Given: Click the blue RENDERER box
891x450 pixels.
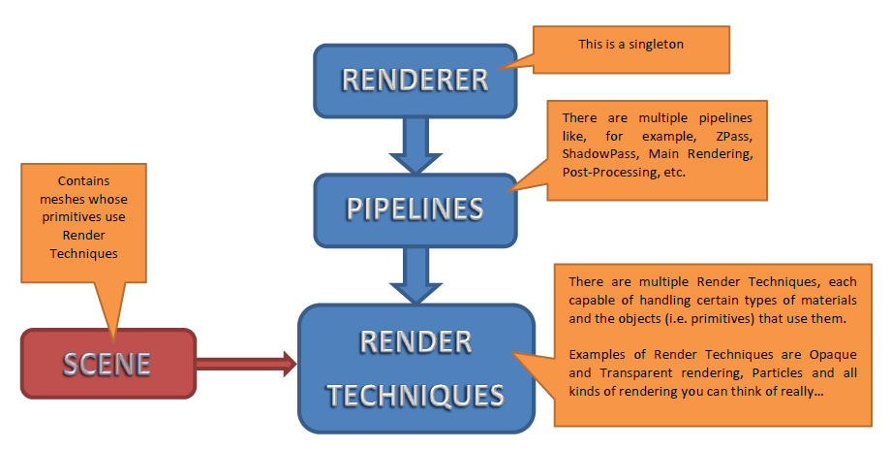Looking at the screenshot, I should [x=415, y=79].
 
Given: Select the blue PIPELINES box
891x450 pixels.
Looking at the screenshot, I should [x=415, y=209].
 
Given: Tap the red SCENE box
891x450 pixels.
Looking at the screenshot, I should [x=108, y=364].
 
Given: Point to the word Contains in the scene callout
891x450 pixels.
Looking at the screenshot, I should [x=84, y=180].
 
